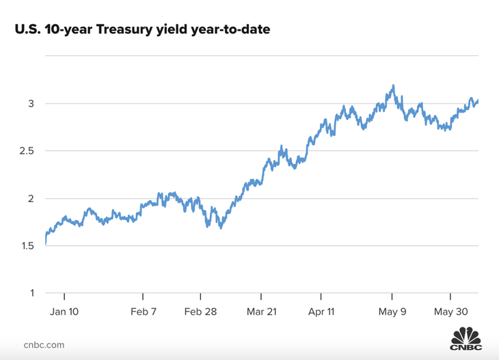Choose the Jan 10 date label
(x=64, y=311)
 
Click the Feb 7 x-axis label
(x=143, y=311)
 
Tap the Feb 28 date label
(x=200, y=311)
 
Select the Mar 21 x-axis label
(x=261, y=311)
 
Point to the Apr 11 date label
(x=321, y=311)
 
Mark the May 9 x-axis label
(x=392, y=311)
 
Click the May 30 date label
(x=450, y=311)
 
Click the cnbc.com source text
(x=44, y=344)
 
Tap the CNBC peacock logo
(x=465, y=339)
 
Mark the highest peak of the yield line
(x=393, y=86)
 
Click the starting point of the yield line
(x=45, y=243)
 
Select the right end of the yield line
(x=478, y=101)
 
